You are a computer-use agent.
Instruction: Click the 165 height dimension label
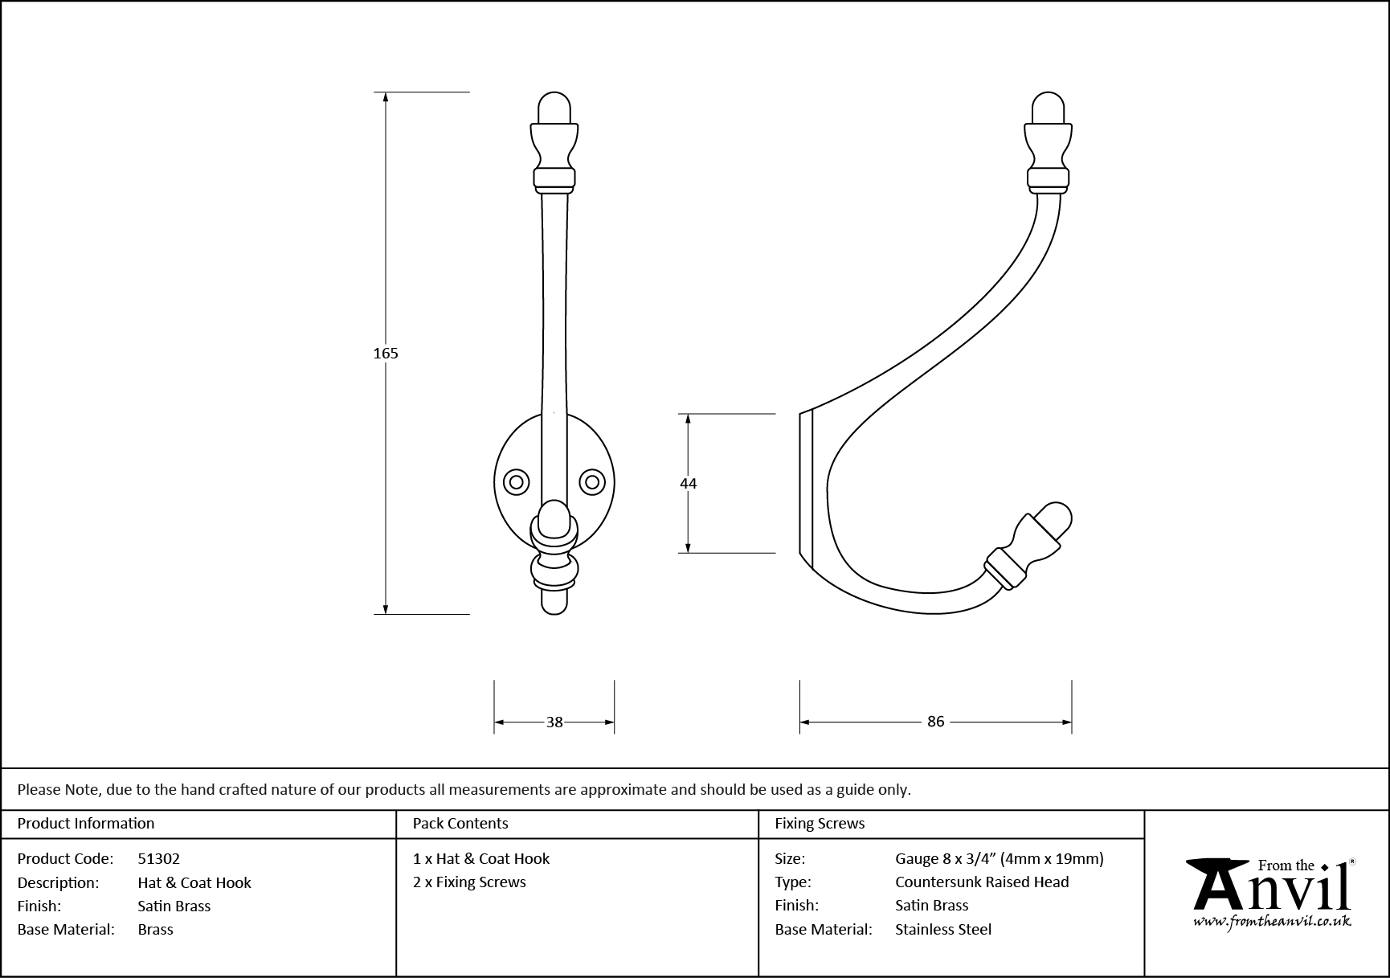pos(386,353)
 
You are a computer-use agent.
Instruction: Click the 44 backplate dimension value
pos(688,483)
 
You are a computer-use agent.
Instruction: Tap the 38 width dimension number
pos(554,722)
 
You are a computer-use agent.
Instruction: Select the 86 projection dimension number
pos(935,722)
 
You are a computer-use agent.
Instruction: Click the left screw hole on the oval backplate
pos(516,482)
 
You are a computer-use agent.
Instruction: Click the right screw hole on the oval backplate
pos(592,482)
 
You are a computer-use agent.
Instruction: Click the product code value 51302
pos(158,858)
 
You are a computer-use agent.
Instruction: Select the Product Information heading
pos(86,823)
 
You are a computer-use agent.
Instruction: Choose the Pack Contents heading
pos(460,823)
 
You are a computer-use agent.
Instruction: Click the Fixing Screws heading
pos(820,823)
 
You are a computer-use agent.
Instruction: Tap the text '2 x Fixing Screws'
pos(469,882)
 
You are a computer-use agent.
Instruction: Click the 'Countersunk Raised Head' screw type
pos(982,882)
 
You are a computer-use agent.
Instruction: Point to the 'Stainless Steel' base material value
pos(943,929)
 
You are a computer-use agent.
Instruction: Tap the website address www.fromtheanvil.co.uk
pos(1272,922)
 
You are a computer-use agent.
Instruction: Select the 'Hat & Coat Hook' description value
pos(194,882)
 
